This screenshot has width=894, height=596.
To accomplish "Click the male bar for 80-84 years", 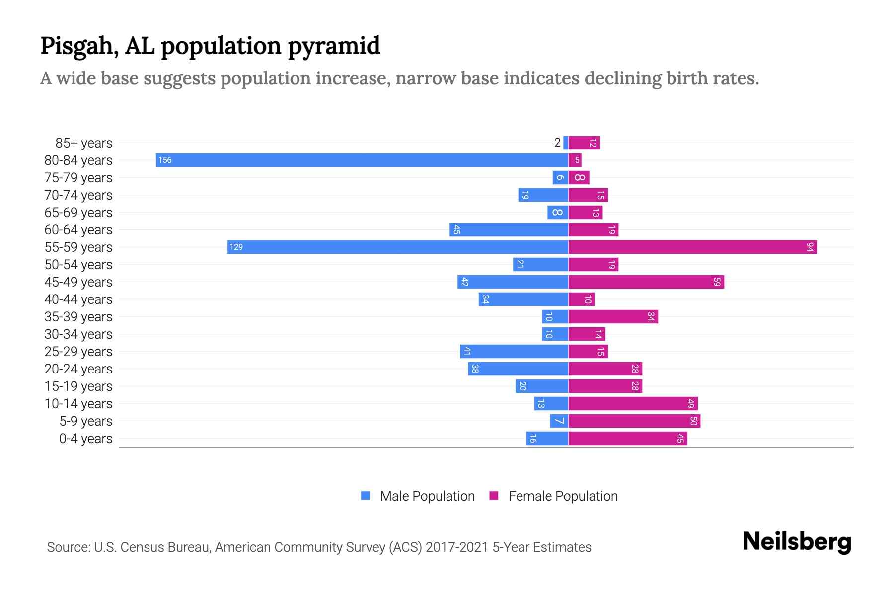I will tap(362, 160).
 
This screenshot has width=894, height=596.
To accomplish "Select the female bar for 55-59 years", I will tap(692, 247).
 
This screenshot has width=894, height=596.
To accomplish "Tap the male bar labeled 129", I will tap(397, 247).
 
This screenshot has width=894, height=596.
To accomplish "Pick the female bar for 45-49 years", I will tap(646, 282).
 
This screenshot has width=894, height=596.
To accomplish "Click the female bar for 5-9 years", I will tap(634, 421).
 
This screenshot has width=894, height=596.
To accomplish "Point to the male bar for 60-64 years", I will tap(509, 229).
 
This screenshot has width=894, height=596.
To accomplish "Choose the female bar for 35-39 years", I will tap(613, 316).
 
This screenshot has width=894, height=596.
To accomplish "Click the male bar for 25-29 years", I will tap(514, 351).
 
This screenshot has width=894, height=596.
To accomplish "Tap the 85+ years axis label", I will tap(83, 143).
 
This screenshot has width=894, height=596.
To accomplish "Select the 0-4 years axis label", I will tap(85, 439).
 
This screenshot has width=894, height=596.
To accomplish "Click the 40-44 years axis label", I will tap(78, 299).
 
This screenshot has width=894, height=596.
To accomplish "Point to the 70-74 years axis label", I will tap(78, 195).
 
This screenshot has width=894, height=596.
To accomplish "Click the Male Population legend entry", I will tap(427, 496).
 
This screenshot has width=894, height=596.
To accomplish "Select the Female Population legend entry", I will tap(562, 496).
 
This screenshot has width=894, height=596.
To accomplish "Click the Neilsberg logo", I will tap(797, 541).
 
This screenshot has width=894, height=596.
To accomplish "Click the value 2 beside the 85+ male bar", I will tap(557, 143).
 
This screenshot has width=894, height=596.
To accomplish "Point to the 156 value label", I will tap(165, 160).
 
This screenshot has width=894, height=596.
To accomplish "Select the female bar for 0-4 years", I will tap(627, 438).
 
